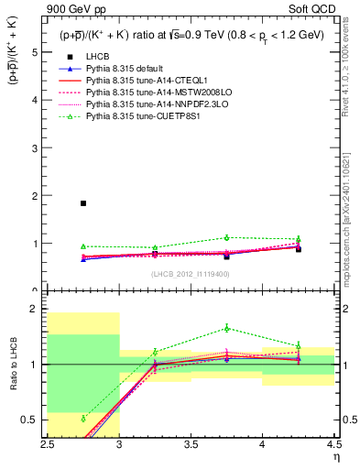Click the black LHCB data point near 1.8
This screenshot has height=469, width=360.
[83, 203]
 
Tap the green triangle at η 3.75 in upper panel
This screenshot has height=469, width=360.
[227, 237]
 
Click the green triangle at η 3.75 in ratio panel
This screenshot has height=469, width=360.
[227, 328]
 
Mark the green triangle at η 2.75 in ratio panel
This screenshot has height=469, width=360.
[83, 419]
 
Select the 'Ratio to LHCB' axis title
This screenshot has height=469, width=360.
[12, 365]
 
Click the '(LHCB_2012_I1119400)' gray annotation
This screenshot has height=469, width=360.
[190, 275]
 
